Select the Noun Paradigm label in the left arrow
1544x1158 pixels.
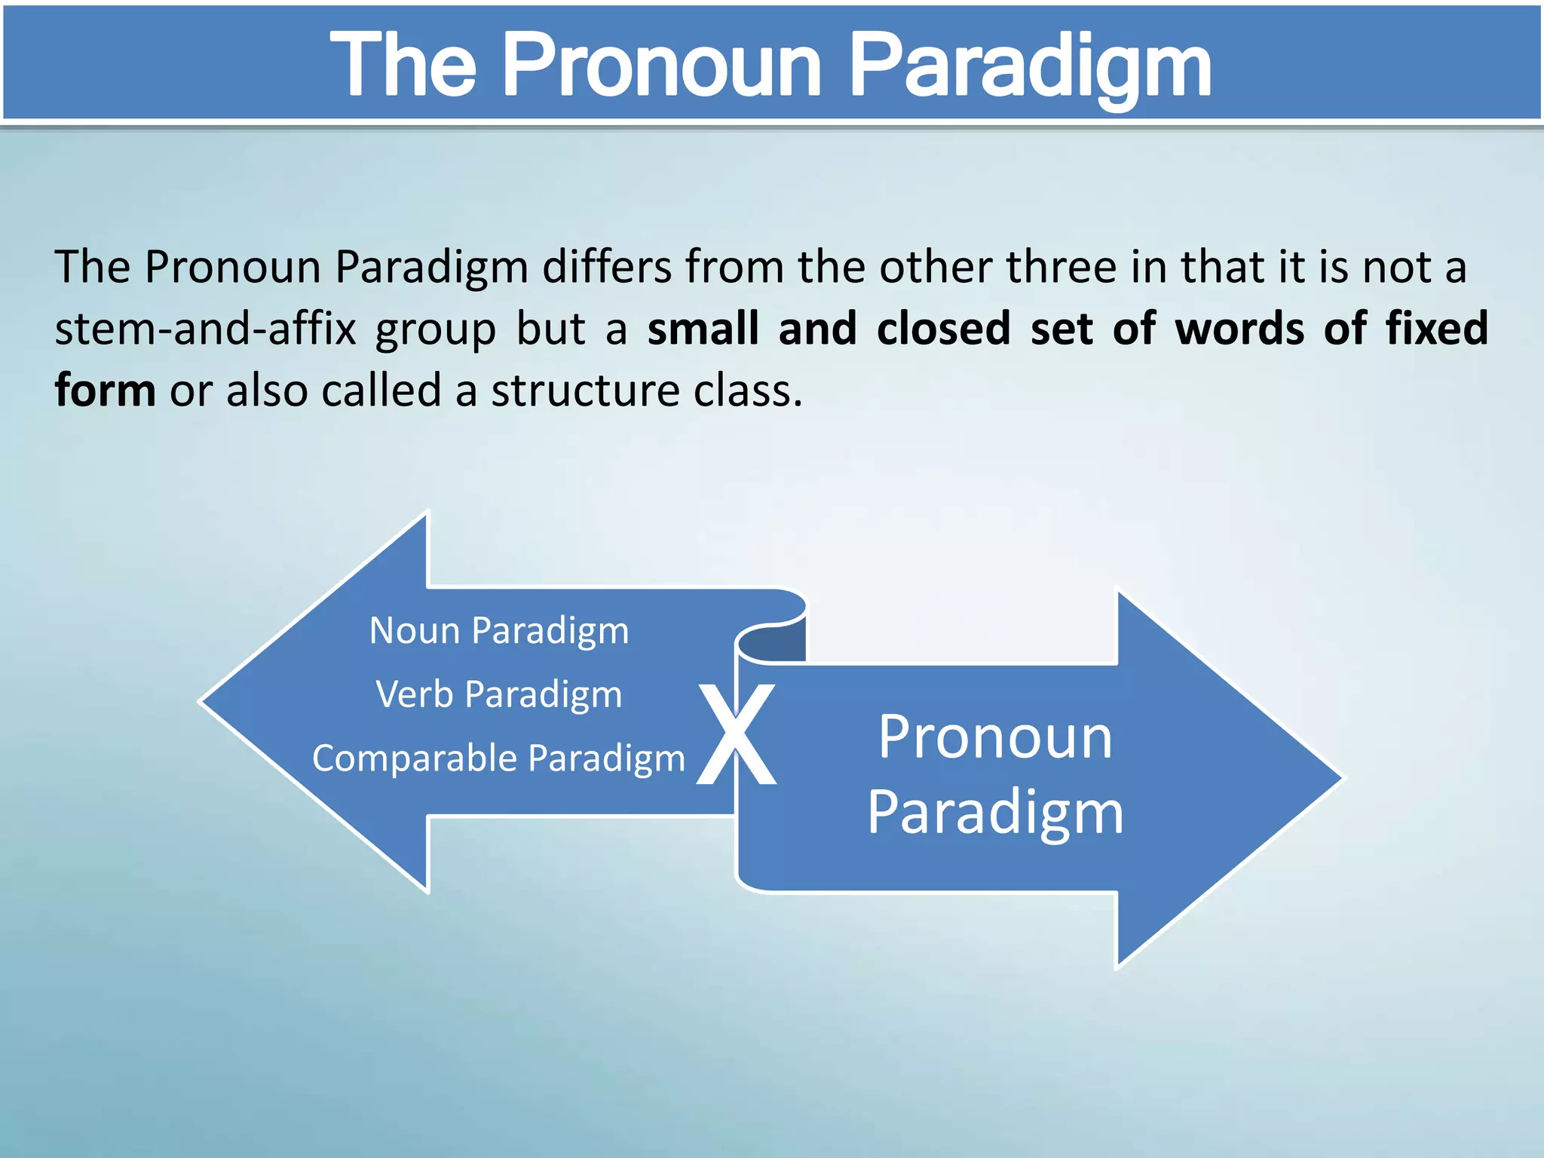(x=498, y=630)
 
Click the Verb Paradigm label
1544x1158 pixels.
(x=498, y=694)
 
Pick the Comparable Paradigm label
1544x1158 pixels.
(x=498, y=758)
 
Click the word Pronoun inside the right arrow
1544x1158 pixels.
(x=995, y=737)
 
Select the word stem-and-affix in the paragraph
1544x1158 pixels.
(x=205, y=329)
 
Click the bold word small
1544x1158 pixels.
(x=703, y=329)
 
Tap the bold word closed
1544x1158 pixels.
(x=943, y=329)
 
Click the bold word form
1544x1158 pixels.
(x=105, y=391)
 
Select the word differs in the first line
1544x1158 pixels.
(x=607, y=268)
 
